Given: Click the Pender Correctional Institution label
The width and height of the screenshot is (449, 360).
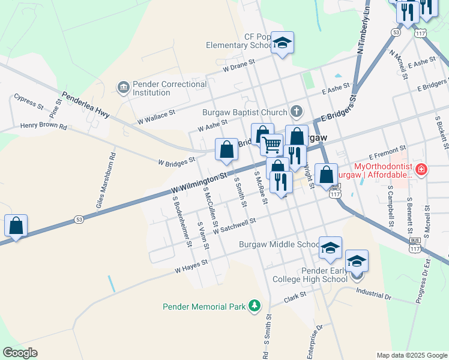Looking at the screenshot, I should tap(170, 88).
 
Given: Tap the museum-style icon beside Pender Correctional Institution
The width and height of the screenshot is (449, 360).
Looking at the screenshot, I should tap(124, 88).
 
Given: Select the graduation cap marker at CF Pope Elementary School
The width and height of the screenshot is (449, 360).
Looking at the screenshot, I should tap(282, 43).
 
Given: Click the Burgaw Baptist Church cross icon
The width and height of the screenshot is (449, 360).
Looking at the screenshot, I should tap(297, 111).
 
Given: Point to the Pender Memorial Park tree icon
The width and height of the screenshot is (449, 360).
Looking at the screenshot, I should tap(255, 306).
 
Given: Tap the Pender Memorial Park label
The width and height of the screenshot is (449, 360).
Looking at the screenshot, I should tap(204, 307).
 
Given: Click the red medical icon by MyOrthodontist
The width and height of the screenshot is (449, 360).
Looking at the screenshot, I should tap(422, 170).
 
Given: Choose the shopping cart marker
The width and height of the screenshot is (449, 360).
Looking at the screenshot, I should tap(272, 145).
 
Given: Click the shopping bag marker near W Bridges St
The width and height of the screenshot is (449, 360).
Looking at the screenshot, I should tap(226, 150).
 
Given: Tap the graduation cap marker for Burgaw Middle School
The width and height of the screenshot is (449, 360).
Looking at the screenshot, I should tap(330, 248).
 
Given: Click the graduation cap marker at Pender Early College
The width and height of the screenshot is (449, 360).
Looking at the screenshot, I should tap(357, 262).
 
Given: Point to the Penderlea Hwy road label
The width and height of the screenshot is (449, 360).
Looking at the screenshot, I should tap(85, 104).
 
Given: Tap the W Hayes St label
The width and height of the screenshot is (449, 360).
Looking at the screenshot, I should tap(191, 266).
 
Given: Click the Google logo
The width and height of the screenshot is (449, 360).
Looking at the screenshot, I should tap(20, 353).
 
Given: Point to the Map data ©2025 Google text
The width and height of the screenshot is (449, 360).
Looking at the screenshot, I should tap(411, 355).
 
